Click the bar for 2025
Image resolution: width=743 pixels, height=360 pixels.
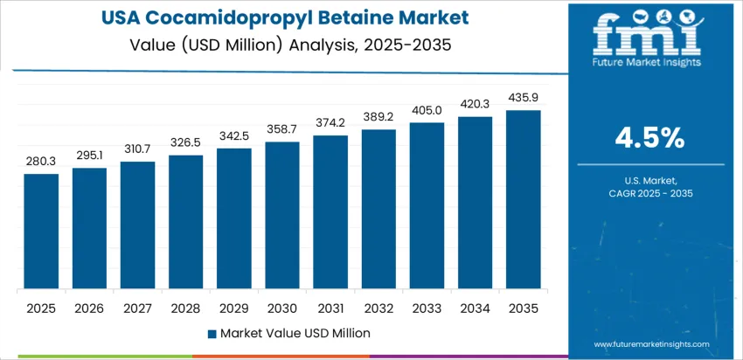(x=41, y=232)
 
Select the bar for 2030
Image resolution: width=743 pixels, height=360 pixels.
(x=282, y=216)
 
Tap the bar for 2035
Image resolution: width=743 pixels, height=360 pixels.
(x=524, y=200)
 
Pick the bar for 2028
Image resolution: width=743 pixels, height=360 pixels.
(x=186, y=222)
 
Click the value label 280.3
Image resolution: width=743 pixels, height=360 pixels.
(x=41, y=161)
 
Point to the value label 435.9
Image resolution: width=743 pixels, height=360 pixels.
(x=524, y=97)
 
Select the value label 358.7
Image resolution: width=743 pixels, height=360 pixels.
(x=282, y=128)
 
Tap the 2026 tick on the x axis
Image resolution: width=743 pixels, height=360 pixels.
(x=89, y=308)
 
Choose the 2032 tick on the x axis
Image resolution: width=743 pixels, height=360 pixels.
(x=379, y=308)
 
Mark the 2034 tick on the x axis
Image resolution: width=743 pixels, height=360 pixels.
(x=476, y=308)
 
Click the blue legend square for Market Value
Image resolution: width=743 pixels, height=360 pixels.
(x=212, y=333)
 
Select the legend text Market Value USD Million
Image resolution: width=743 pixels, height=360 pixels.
(x=295, y=333)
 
